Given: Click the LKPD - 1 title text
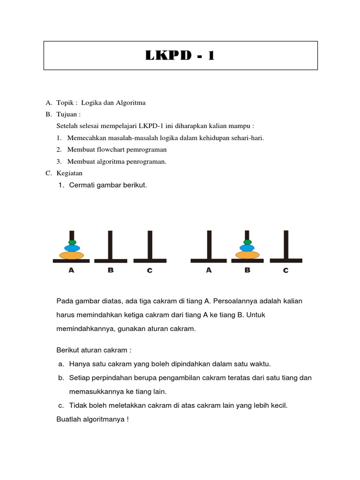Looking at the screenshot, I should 180,55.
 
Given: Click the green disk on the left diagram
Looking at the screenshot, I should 72,242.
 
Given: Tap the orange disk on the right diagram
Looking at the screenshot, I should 247,255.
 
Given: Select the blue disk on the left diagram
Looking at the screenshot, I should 72,248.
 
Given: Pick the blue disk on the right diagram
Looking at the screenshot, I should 247,248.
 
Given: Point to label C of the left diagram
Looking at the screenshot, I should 150,270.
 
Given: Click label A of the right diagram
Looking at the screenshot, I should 209,270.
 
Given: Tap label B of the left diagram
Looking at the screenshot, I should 111,270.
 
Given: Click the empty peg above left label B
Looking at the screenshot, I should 111,244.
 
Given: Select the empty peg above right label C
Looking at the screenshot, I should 286,244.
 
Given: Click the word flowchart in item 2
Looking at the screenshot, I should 108,150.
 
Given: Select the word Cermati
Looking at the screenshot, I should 82,185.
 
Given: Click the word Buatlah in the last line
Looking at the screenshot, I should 68,420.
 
